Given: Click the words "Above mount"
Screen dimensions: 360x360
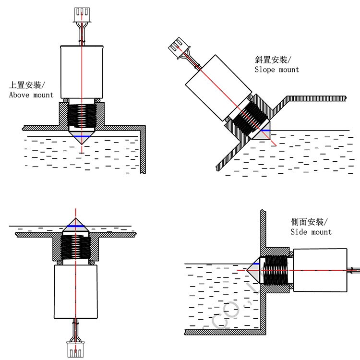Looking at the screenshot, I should click(x=31, y=95).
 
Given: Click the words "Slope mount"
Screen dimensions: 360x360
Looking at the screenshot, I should click(x=276, y=70).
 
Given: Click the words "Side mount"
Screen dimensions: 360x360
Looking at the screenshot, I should click(x=311, y=232).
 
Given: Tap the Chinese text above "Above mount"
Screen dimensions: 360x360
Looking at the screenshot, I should click(x=27, y=85).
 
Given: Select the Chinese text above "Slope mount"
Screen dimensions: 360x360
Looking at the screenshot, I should click(x=273, y=60).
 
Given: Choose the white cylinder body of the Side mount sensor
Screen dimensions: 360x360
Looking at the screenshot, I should click(x=320, y=271).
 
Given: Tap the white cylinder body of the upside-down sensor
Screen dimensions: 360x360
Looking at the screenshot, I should click(x=75, y=291).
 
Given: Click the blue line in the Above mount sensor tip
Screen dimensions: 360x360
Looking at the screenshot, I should click(x=82, y=137).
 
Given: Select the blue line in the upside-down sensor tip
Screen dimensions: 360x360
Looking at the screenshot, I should click(x=75, y=226).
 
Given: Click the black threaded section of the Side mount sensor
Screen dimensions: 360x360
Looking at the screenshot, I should click(x=276, y=271).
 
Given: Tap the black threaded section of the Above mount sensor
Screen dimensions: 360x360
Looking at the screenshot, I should click(x=82, y=116).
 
